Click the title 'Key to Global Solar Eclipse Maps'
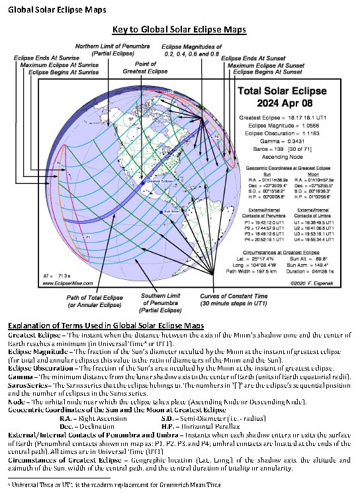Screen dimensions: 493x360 pyautogui.click(x=180, y=30)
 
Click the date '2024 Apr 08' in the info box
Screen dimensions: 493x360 pyautogui.click(x=288, y=103)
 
